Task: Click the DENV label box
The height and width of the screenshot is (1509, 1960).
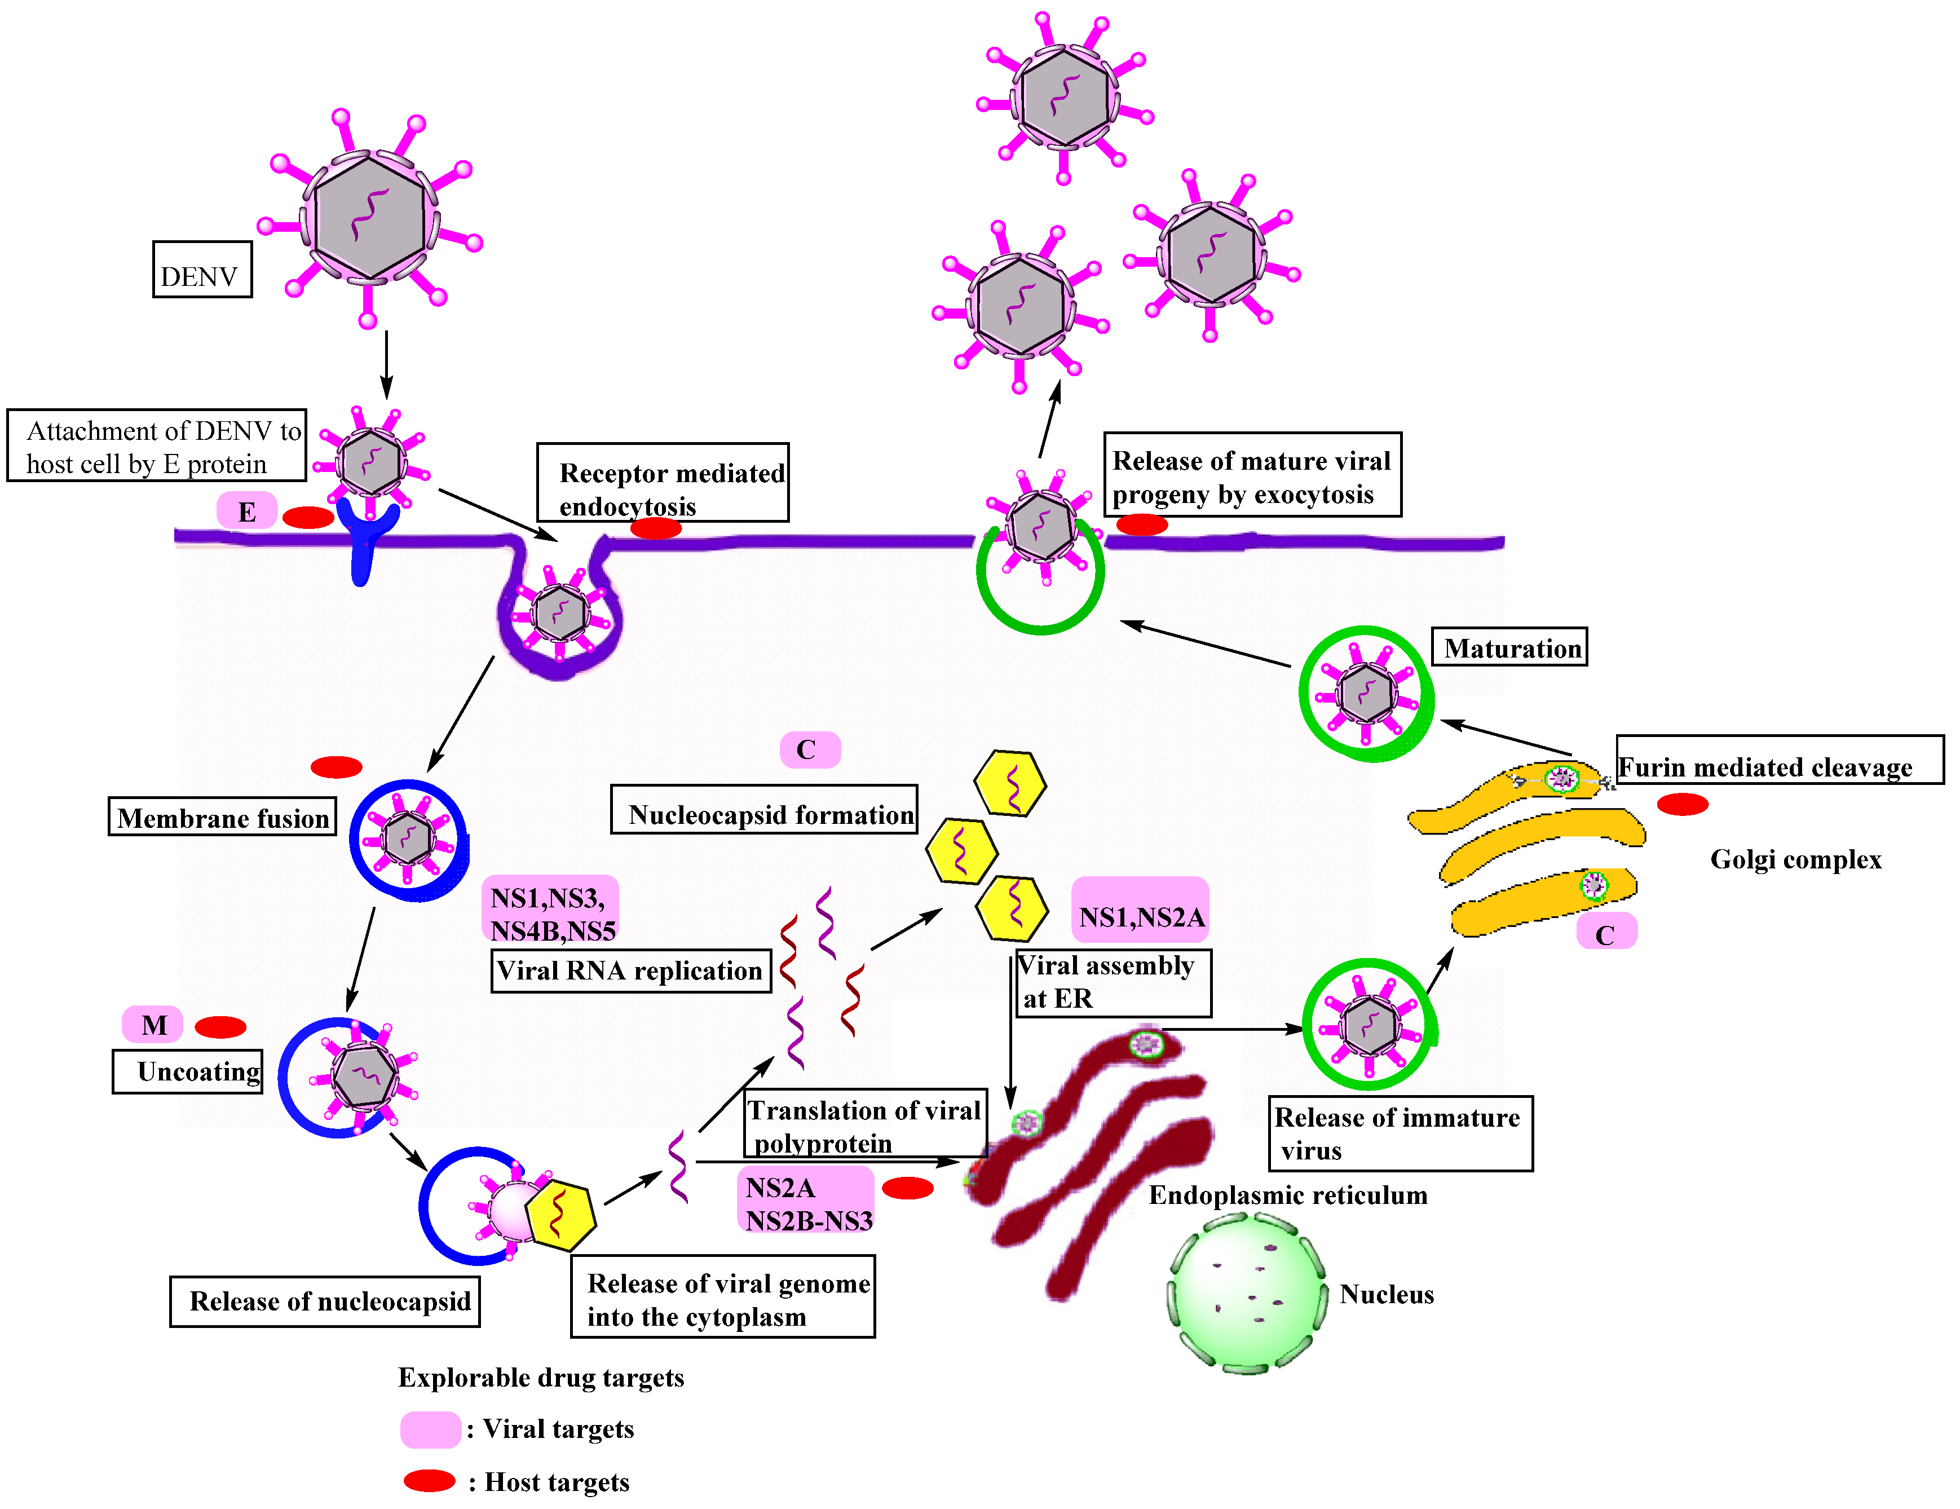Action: pos(202,270)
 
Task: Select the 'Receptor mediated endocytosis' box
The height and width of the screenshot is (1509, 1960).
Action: pos(663,483)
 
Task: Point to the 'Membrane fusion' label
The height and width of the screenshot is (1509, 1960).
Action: pos(223,817)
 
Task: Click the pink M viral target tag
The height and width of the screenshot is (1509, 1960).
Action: pos(153,1024)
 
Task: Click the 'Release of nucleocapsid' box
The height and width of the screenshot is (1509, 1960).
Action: pos(325,1301)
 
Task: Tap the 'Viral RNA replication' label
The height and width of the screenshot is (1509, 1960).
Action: pos(630,970)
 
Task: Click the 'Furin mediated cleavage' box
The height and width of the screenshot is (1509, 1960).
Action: pos(1779,760)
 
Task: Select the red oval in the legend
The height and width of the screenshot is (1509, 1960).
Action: pos(429,1481)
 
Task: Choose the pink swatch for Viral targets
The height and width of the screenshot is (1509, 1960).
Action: pos(430,1429)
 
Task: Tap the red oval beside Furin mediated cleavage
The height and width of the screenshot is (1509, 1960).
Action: pos(1682,804)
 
